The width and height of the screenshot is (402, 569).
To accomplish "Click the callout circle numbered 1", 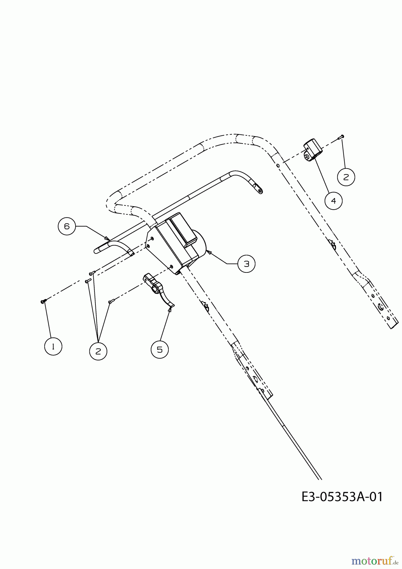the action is pyautogui.click(x=53, y=346).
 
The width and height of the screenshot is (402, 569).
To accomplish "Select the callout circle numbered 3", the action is pyautogui.click(x=246, y=263).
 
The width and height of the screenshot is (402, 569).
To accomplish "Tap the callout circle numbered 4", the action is pyautogui.click(x=334, y=200).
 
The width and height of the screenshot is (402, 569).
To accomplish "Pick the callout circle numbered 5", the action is pyautogui.click(x=160, y=350).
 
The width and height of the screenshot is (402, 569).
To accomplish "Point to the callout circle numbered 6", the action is pyautogui.click(x=67, y=226).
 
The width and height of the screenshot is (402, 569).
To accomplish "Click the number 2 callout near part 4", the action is pyautogui.click(x=346, y=177).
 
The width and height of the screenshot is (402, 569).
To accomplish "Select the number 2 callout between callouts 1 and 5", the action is pyautogui.click(x=98, y=351).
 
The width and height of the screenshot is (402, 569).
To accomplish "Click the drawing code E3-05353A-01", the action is pyautogui.click(x=342, y=497).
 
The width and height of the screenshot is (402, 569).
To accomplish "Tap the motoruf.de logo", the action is pyautogui.click(x=375, y=560).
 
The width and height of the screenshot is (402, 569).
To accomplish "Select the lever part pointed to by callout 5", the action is pyautogui.click(x=157, y=289).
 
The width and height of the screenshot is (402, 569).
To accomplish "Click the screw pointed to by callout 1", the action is pyautogui.click(x=44, y=301).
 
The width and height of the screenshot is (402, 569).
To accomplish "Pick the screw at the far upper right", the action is pyautogui.click(x=341, y=137).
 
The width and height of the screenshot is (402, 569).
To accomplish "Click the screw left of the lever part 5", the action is pyautogui.click(x=111, y=302).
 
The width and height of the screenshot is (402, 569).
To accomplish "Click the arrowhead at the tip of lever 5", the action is pyautogui.click(x=170, y=309).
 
